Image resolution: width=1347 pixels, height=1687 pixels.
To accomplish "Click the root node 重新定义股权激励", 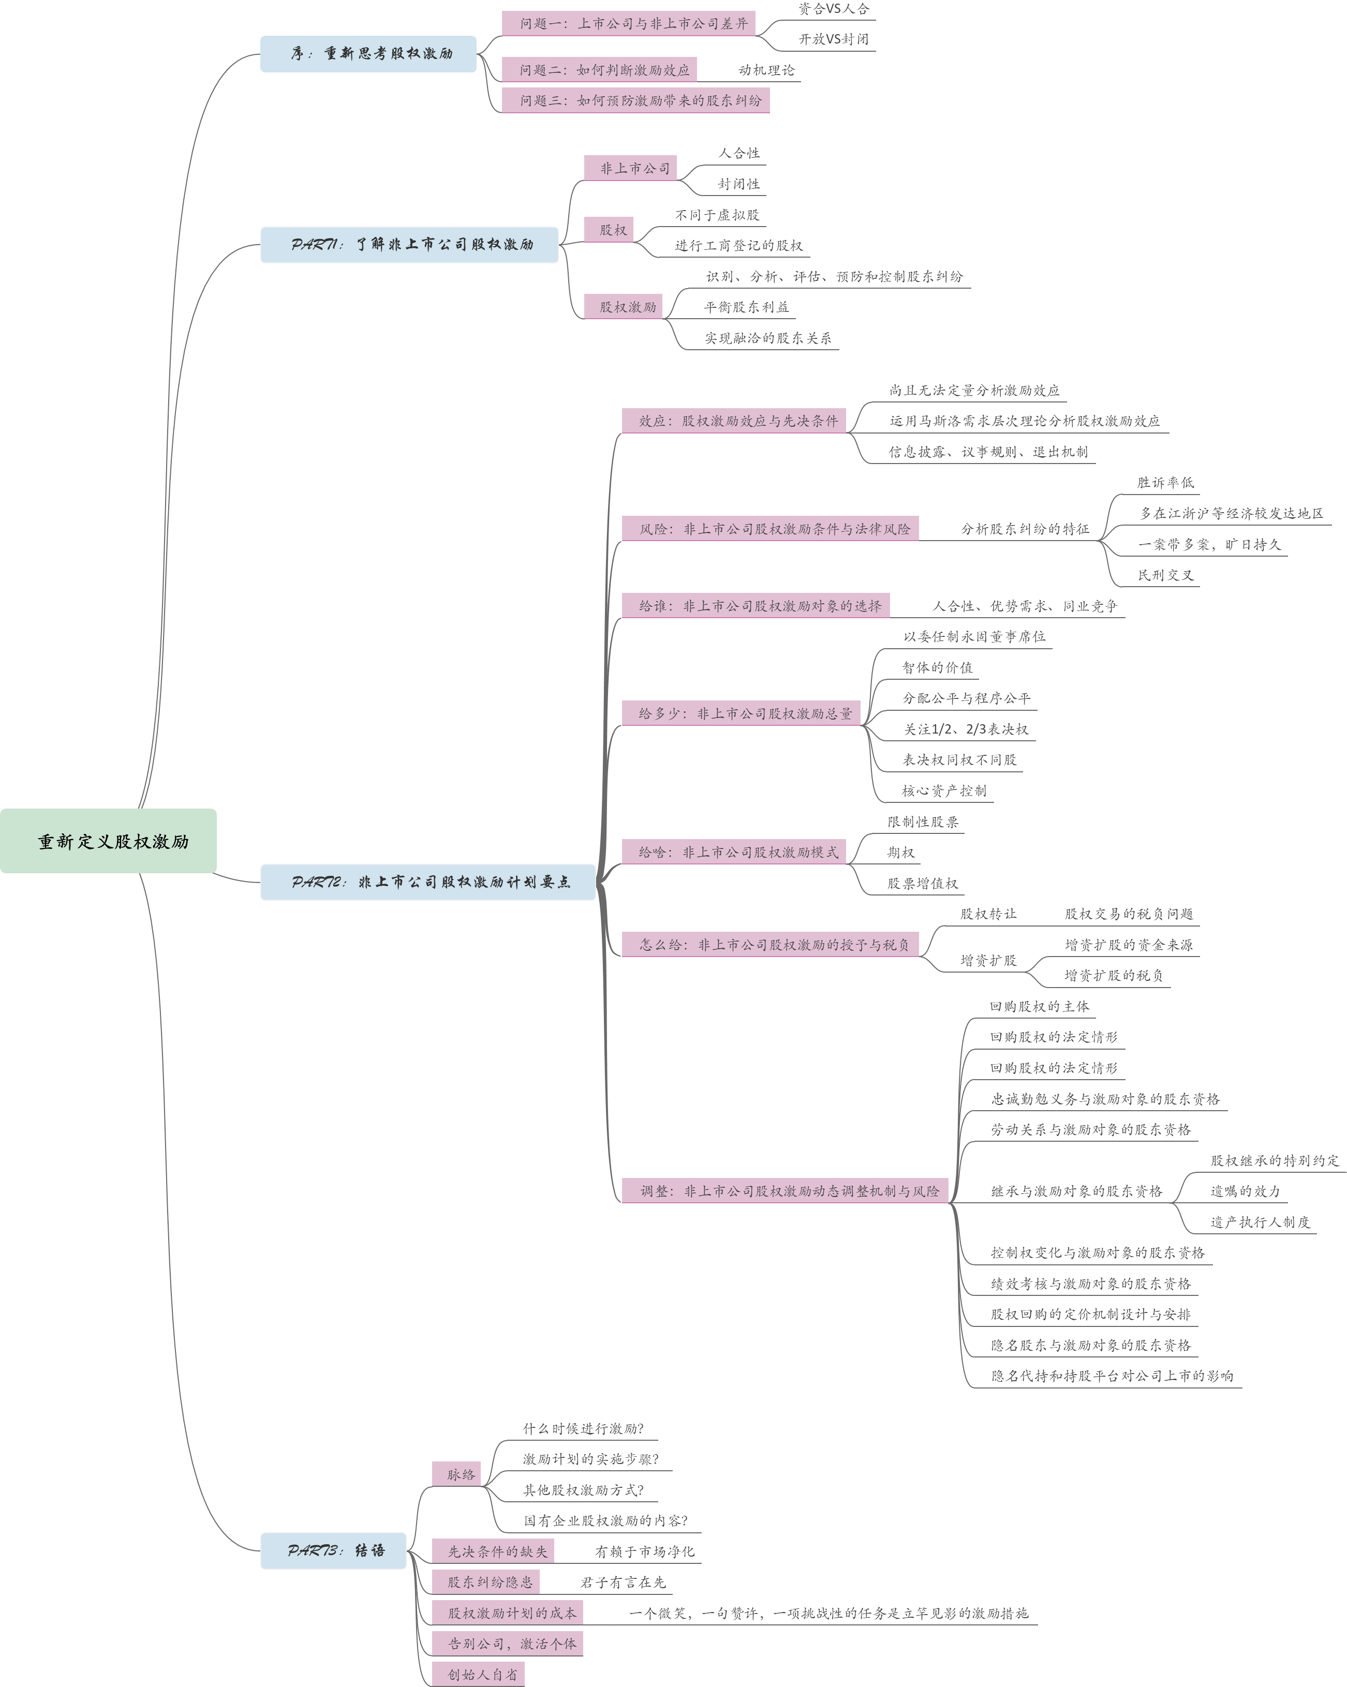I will [108, 841].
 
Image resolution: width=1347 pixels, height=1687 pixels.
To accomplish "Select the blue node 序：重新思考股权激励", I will [368, 54].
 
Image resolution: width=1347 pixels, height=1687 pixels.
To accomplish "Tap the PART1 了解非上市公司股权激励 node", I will [409, 245].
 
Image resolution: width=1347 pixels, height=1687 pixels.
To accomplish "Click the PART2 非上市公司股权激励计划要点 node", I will [428, 882].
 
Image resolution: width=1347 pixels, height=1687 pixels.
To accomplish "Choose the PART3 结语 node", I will [333, 1550].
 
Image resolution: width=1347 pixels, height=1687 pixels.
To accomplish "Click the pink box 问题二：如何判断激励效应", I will [599, 70].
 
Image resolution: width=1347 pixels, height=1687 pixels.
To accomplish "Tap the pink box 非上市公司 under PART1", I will [630, 168].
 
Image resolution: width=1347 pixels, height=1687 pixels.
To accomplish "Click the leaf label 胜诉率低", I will [1165, 483].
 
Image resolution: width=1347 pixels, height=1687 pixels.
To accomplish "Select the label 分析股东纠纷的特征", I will [1025, 529].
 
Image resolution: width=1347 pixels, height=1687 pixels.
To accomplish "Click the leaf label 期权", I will [900, 852].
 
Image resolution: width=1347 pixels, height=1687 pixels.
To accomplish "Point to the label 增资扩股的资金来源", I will [1128, 945].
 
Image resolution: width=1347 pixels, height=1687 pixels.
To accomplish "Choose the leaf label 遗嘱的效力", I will [1244, 1191].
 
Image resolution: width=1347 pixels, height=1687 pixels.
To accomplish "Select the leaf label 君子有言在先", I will [622, 1582].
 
